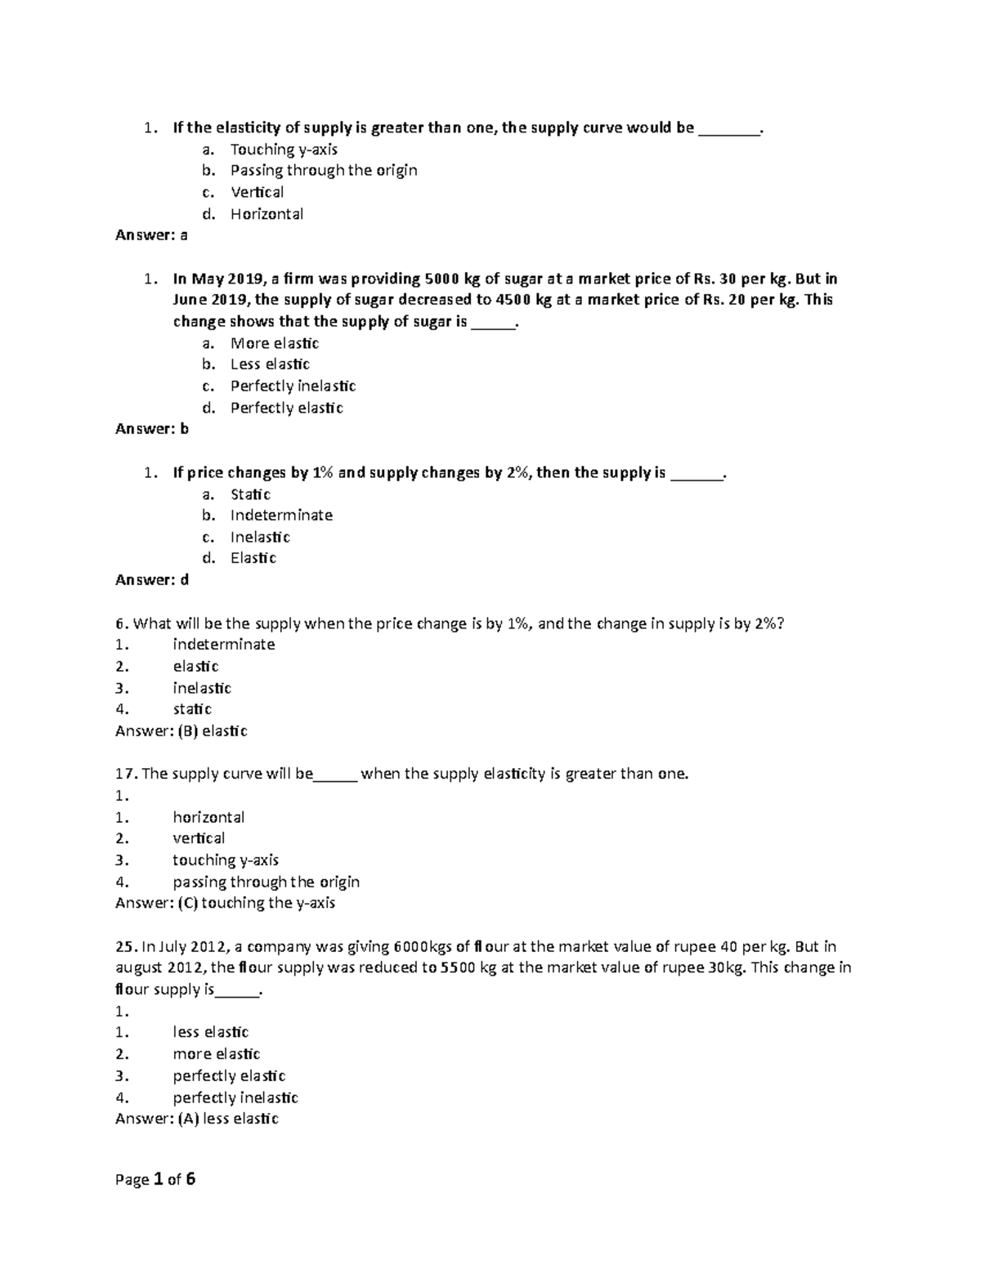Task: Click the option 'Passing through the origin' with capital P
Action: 324,171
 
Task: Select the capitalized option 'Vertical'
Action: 257,192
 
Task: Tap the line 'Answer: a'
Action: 151,235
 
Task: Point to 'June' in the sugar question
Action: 190,300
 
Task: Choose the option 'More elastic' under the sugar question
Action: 274,343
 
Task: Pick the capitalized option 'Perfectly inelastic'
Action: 293,386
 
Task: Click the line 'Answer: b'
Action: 152,429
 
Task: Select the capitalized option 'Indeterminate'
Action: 281,516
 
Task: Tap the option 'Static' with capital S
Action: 250,494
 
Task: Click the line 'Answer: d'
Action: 152,580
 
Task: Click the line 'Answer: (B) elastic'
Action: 181,731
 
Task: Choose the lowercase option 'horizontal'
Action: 208,817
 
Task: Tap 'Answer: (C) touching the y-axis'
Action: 225,903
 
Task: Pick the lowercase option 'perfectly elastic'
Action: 229,1076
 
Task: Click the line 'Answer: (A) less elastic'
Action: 197,1119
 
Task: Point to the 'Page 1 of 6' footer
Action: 155,1180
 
